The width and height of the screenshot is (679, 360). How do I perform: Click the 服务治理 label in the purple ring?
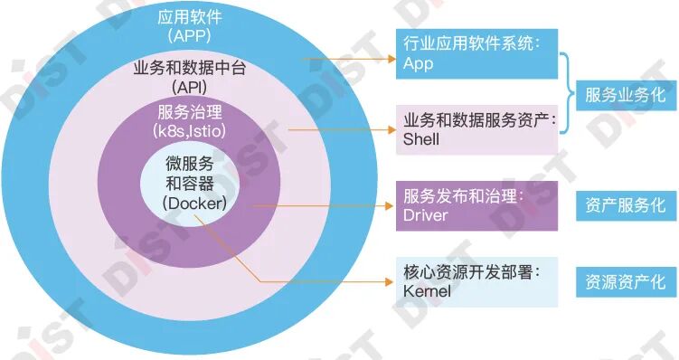point(189,112)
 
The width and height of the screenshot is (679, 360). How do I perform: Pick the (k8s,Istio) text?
point(189,130)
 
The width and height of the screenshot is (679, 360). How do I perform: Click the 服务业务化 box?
point(625,95)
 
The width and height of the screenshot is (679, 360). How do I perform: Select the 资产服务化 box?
point(625,204)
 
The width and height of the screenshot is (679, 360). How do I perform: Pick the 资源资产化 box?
point(625,281)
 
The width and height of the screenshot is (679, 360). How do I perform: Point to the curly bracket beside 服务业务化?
point(566,94)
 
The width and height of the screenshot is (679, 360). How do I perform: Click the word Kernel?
point(428,291)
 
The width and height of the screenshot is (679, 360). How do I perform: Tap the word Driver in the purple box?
point(426,215)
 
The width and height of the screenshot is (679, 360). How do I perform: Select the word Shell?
point(421,139)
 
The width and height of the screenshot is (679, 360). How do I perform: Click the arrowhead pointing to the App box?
point(391,62)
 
